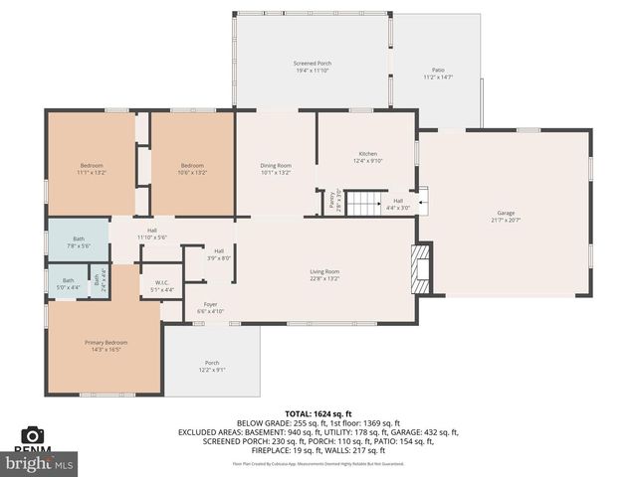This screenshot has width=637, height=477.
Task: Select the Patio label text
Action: click(438, 74)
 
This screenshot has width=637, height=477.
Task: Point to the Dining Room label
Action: click(276, 168)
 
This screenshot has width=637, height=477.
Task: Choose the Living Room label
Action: click(324, 275)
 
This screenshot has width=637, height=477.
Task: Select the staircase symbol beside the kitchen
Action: click(364, 204)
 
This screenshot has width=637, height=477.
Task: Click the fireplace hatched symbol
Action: click(422, 269)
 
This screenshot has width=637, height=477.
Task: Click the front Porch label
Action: click(212, 366)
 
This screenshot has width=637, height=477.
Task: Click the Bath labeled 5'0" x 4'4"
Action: click(68, 283)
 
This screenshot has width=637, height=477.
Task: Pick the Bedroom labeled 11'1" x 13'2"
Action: click(92, 168)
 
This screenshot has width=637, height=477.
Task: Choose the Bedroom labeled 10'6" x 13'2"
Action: click(192, 168)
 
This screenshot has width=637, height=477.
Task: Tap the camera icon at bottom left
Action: click(33, 435)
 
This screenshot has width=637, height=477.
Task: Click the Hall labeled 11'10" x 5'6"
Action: click(152, 234)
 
